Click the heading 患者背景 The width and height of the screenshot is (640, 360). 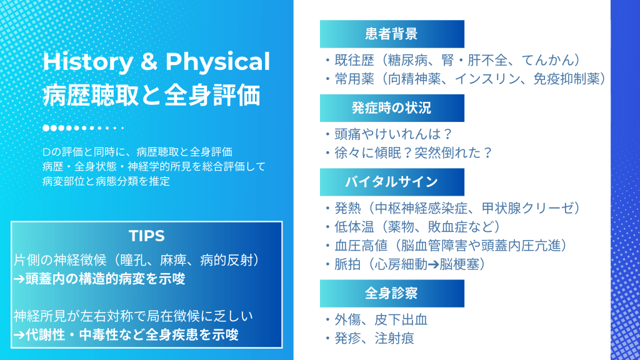pyautogui.click(x=391, y=34)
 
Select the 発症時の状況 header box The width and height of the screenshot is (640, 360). pyautogui.click(x=392, y=107)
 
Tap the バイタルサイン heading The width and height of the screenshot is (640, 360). pyautogui.click(x=391, y=182)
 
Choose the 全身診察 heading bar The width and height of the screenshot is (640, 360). pyautogui.click(x=392, y=293)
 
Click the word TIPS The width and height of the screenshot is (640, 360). pyautogui.click(x=146, y=236)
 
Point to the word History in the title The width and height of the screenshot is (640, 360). pyautogui.click(x=87, y=62)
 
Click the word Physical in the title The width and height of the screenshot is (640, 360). pyautogui.click(x=217, y=62)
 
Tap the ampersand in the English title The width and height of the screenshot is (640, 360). pyautogui.click(x=149, y=62)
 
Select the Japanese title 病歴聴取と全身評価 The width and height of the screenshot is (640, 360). pyautogui.click(x=151, y=96)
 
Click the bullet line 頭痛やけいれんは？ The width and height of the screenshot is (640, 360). pyautogui.click(x=393, y=134)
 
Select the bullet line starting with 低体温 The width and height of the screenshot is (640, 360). pyautogui.click(x=416, y=227)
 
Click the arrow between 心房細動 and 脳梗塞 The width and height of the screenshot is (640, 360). pyautogui.click(x=434, y=264)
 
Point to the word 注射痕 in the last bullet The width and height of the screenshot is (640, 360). pyautogui.click(x=394, y=338)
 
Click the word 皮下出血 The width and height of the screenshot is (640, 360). pyautogui.click(x=401, y=319)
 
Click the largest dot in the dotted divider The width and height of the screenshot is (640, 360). pyautogui.click(x=46, y=128)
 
